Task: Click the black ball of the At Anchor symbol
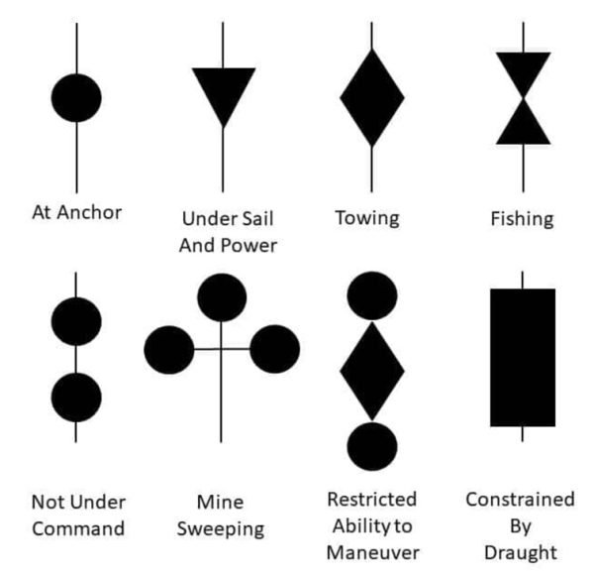[75, 97]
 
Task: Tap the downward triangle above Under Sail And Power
[223, 89]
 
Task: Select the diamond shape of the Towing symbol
[372, 97]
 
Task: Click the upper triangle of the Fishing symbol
[523, 69]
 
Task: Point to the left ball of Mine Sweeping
[169, 350]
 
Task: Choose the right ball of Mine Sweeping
[274, 350]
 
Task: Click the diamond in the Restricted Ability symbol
[372, 370]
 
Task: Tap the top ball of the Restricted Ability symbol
[372, 295]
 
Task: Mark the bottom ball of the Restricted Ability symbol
[372, 445]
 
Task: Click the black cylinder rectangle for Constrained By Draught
[523, 357]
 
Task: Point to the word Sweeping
[223, 528]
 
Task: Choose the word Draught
[520, 552]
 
